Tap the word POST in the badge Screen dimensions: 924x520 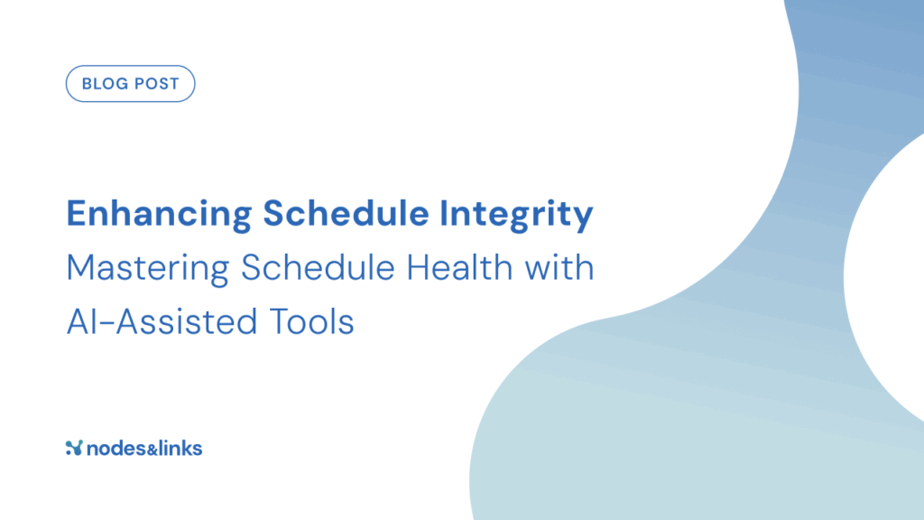[154, 84]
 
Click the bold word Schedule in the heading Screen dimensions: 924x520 [346, 213]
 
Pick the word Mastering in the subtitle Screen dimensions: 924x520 [147, 269]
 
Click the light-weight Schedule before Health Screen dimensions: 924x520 [318, 267]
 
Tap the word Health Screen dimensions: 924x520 [459, 267]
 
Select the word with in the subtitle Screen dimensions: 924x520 [559, 267]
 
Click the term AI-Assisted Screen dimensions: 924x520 [162, 322]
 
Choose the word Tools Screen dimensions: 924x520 [311, 322]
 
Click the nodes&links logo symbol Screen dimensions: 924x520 [74, 448]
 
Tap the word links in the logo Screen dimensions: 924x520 [180, 449]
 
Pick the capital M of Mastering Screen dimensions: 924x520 [80, 267]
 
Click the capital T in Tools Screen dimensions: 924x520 [280, 322]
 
